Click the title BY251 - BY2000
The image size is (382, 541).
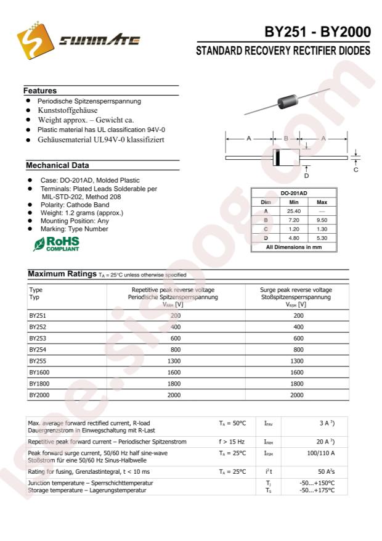pyautogui.click(x=317, y=33)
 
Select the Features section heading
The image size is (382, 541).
pyautogui.click(x=41, y=91)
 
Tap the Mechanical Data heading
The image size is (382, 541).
pyautogui.click(x=57, y=165)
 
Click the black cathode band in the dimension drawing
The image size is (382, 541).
pyautogui.click(x=277, y=157)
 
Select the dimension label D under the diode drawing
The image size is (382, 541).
pyautogui.click(x=306, y=176)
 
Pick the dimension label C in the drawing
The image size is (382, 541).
pyautogui.click(x=356, y=170)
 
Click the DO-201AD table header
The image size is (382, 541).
pyautogui.click(x=294, y=193)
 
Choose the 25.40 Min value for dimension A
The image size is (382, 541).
pyautogui.click(x=294, y=211)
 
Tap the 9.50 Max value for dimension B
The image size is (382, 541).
pyautogui.click(x=322, y=220)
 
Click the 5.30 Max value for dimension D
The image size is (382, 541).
pyautogui.click(x=322, y=237)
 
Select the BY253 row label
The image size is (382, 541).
pyautogui.click(x=38, y=338)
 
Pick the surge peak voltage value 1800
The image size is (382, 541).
pyautogui.click(x=298, y=383)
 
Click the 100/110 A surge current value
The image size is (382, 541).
pyautogui.click(x=321, y=453)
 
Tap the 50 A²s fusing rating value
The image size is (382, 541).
pyautogui.click(x=326, y=471)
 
